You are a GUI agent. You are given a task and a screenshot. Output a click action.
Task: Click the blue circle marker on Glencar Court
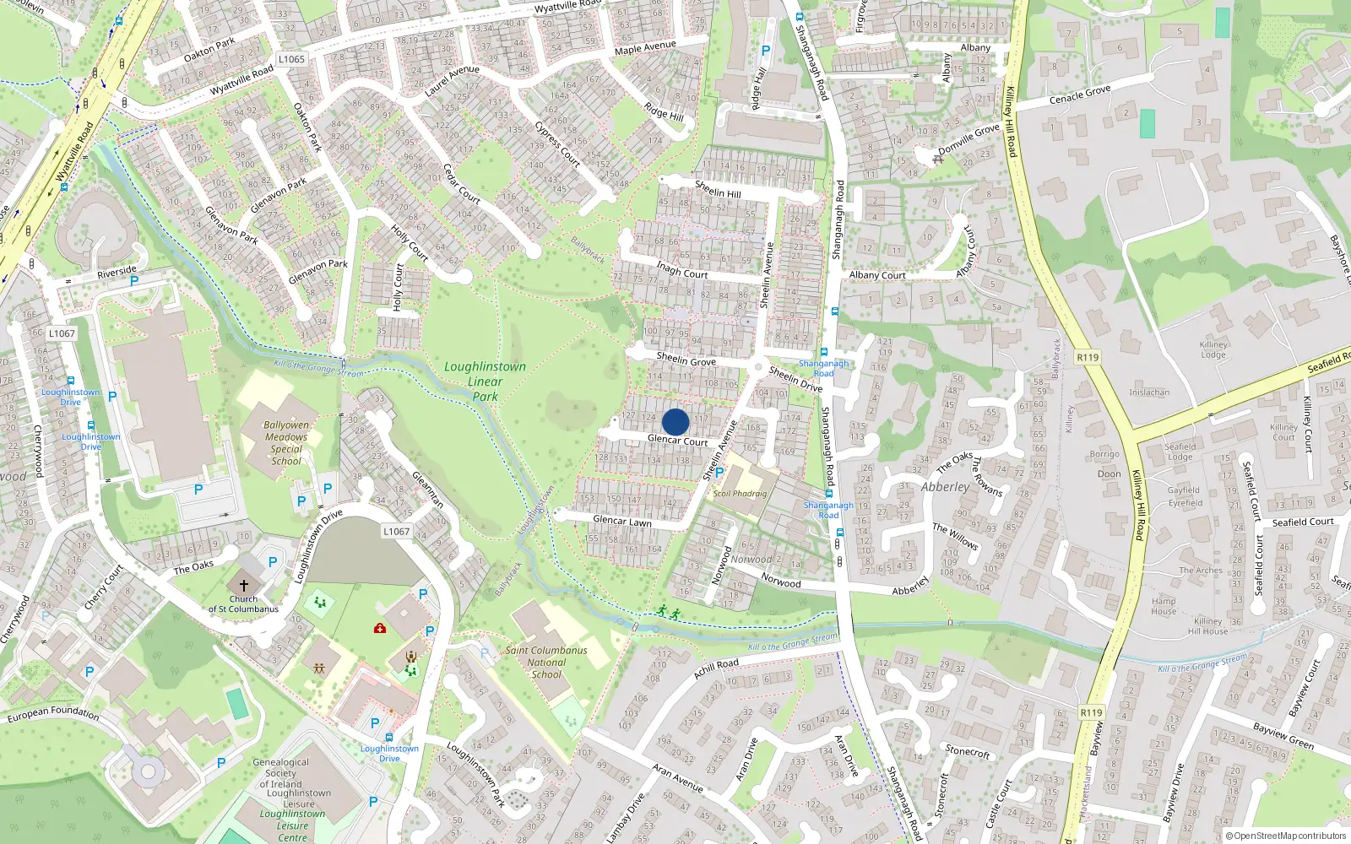pyautogui.click(x=675, y=422)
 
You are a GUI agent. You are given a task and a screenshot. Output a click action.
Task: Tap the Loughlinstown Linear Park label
pyautogui.click(x=485, y=381)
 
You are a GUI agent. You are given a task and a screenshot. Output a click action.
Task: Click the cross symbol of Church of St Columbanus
pyautogui.click(x=244, y=585)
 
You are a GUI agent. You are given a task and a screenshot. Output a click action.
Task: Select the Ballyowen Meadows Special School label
pyautogui.click(x=286, y=443)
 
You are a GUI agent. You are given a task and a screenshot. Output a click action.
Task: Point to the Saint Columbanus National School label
pyautogui.click(x=546, y=662)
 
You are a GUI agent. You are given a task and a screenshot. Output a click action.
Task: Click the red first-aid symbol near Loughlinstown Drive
pyautogui.click(x=380, y=629)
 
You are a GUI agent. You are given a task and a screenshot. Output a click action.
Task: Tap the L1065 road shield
pyautogui.click(x=291, y=59)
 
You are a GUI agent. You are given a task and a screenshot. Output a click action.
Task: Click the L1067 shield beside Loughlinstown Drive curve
pyautogui.click(x=396, y=532)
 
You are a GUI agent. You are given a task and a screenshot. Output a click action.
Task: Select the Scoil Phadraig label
pyautogui.click(x=740, y=494)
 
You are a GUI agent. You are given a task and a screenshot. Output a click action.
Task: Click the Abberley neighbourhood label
pyautogui.click(x=946, y=487)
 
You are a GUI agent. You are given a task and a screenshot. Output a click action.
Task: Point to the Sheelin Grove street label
pyautogui.click(x=686, y=360)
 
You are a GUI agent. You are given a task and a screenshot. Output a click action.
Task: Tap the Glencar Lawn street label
pyautogui.click(x=622, y=521)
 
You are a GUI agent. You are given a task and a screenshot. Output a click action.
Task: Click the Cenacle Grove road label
pyautogui.click(x=1080, y=95)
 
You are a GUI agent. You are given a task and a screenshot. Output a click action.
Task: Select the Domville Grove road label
pyautogui.click(x=968, y=140)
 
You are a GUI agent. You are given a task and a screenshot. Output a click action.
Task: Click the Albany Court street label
pyautogui.click(x=877, y=275)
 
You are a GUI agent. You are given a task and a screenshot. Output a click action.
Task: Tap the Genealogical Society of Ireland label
pyautogui.click(x=281, y=772)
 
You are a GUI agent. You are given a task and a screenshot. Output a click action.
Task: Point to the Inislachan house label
pyautogui.click(x=1149, y=392)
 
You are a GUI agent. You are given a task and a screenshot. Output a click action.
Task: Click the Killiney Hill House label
pyautogui.click(x=1207, y=626)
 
